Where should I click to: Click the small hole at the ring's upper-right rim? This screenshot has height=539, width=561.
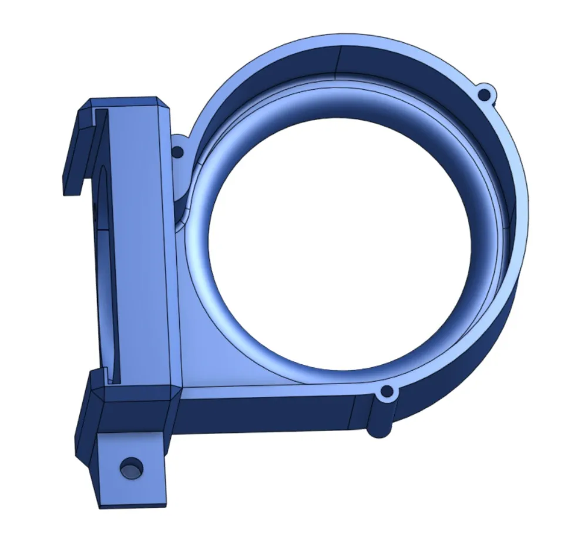point(483,94)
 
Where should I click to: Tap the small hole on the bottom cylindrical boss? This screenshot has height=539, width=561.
point(387,391)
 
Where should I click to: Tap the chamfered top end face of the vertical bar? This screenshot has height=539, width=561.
point(126,103)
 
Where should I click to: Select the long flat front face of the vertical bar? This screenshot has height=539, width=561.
point(140,246)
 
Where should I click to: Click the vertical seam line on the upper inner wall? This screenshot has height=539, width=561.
point(340,62)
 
